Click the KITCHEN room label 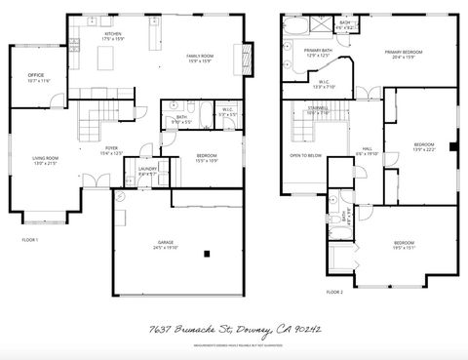click(x=114, y=33)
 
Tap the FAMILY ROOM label click(x=201, y=57)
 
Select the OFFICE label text click(x=37, y=75)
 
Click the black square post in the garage click(x=207, y=254)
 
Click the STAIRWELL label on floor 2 click(x=318, y=108)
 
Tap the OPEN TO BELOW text click(x=305, y=155)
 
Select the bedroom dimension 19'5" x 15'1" click(x=405, y=248)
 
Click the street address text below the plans click(x=233, y=331)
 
